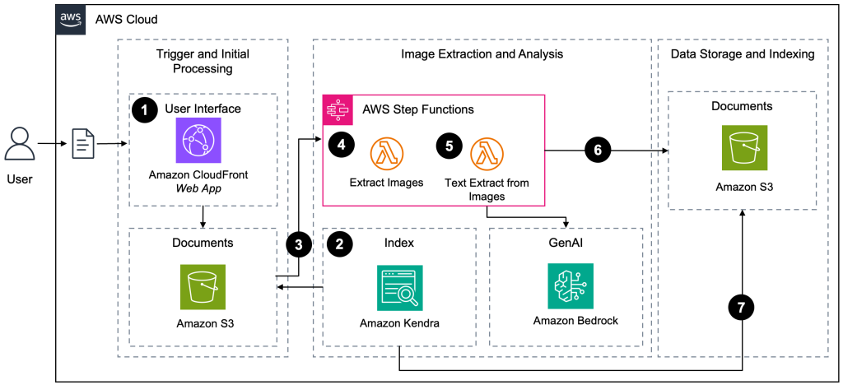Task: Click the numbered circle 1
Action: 144,110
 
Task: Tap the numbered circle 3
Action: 298,244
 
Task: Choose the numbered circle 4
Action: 340,146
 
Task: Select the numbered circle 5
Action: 448,146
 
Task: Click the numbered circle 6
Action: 598,151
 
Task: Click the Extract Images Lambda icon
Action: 386,153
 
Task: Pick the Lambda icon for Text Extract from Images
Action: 487,153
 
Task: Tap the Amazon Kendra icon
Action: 399,287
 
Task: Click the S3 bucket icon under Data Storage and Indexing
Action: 743,148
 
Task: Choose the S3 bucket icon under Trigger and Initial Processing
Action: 203,286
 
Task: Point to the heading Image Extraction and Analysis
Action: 482,54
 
